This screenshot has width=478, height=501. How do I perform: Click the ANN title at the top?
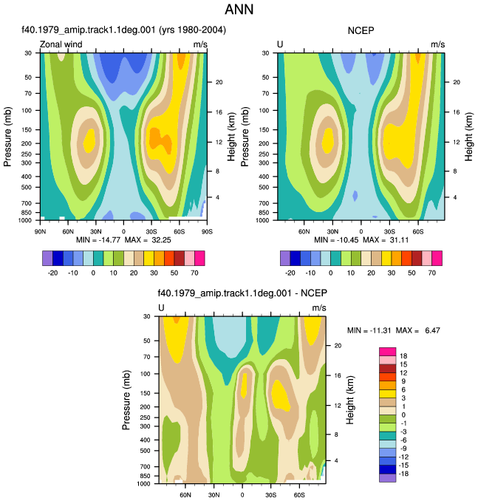point(239,9)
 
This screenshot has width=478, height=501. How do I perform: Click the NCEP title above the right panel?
point(361,31)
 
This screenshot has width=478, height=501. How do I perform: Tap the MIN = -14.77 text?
point(98,240)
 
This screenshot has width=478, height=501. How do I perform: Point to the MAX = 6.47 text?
point(418,330)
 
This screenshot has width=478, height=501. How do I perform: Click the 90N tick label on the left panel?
point(40,231)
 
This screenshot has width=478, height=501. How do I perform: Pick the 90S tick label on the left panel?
point(207,231)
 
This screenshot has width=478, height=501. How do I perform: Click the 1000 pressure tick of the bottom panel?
point(143,484)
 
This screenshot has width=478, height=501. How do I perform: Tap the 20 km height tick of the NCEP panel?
point(457,82)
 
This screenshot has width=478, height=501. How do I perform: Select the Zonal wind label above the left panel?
point(61,44)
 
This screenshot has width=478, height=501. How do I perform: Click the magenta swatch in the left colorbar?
point(199,258)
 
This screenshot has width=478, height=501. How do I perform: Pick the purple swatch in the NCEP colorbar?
point(285,258)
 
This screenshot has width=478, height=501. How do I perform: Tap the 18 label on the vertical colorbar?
point(403,356)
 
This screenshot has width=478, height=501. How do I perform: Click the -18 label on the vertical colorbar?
point(403,474)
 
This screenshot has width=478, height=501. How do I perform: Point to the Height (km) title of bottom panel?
point(350,400)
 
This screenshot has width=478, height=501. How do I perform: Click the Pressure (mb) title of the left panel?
point(7,137)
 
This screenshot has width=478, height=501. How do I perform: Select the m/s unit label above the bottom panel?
point(319,307)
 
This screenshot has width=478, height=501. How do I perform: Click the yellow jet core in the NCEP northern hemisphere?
point(327,140)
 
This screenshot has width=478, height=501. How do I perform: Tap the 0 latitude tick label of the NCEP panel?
point(361,231)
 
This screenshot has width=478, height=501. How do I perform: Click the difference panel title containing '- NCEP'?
point(242,293)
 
